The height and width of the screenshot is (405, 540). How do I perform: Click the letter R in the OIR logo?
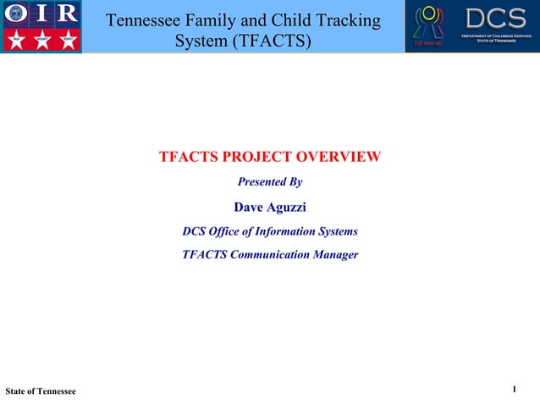click(x=66, y=14)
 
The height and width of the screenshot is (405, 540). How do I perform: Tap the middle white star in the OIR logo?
click(x=41, y=40)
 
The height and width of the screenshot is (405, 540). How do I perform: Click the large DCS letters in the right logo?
click(x=495, y=18)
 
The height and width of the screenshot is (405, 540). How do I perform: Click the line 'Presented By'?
click(x=270, y=182)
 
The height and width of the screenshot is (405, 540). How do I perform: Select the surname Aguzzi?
click(x=288, y=206)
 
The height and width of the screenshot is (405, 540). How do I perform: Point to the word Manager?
click(x=331, y=254)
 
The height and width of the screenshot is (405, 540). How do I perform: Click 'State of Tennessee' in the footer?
click(x=41, y=391)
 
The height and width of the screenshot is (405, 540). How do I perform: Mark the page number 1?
click(x=515, y=390)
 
